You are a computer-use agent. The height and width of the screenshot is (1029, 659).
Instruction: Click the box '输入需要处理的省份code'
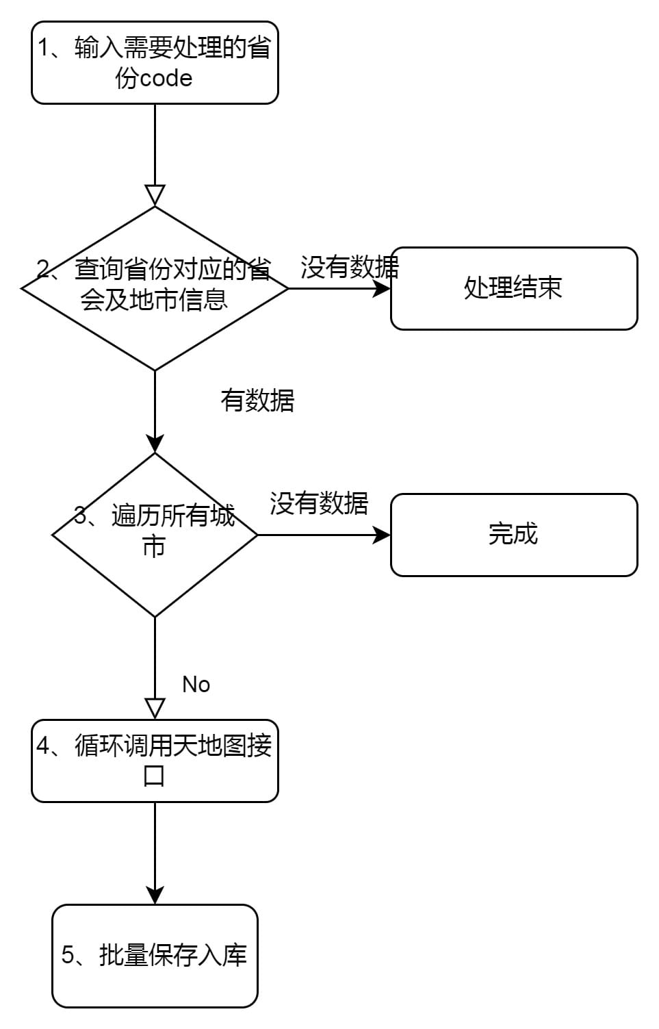[155, 62]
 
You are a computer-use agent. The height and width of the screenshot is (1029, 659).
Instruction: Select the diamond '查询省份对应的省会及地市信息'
[155, 288]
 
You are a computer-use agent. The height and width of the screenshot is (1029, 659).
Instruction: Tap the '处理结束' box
[514, 288]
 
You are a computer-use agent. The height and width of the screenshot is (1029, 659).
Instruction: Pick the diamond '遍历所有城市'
[155, 535]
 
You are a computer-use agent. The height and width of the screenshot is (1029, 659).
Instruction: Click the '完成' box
[514, 535]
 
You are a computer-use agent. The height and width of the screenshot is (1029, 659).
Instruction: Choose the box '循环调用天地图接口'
[155, 761]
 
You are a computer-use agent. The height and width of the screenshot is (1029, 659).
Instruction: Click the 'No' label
[196, 685]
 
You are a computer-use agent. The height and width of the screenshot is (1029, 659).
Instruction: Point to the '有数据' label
[257, 400]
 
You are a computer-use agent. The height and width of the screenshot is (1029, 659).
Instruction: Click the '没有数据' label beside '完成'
[319, 503]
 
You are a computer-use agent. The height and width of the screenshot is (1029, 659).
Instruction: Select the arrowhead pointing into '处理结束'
[381, 288]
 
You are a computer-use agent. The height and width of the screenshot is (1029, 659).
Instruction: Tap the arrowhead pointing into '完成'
[381, 535]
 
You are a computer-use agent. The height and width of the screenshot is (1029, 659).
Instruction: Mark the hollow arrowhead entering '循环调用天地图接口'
[155, 709]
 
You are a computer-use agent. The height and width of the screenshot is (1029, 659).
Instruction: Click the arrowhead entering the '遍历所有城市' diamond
[155, 443]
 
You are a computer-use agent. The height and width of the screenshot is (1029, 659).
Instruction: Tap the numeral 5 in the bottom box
[67, 955]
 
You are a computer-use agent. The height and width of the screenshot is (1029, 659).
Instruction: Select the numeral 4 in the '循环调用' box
[42, 745]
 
